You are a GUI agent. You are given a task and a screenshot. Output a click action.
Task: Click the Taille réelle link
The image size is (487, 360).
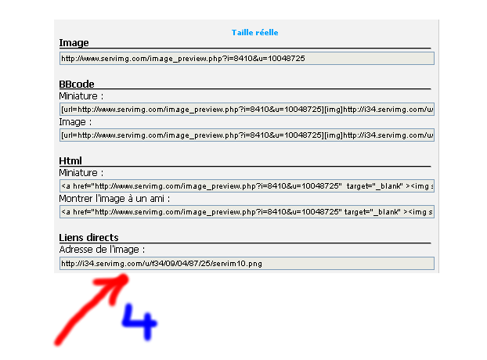coord(254,33)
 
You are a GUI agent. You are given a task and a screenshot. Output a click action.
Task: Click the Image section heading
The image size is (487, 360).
coord(74,43)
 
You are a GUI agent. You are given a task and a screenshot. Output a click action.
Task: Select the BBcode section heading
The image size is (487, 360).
coord(77,84)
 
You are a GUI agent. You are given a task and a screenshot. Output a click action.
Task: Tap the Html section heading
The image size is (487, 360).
coord(70,160)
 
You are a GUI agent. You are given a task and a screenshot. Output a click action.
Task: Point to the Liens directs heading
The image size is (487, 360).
coord(88,237)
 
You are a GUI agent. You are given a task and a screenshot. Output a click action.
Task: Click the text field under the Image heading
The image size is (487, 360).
coord(247,59)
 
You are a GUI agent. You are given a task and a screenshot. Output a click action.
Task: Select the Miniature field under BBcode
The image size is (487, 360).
coord(247,110)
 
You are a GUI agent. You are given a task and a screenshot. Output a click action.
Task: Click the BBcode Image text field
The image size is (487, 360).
coord(247,135)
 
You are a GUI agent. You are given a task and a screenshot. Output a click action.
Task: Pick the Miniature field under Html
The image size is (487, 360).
coord(247,186)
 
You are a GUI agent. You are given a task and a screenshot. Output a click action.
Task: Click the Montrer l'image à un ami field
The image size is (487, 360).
coord(247,211)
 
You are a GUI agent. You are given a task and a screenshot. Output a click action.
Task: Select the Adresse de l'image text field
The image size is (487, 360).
coord(247,264)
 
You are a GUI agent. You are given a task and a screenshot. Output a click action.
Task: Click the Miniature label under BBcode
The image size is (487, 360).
coord(81,96)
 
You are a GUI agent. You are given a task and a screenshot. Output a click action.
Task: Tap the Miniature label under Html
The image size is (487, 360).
coord(81,173)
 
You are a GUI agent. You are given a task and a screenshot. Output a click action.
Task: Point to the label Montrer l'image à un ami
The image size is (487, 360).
coord(114,199)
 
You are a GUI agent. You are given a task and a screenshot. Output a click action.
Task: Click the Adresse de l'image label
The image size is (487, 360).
coord(102,250)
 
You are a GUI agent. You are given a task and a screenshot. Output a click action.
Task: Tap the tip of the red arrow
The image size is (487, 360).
coord(125,277)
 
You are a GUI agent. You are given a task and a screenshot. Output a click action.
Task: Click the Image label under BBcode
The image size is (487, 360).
coord(75,122)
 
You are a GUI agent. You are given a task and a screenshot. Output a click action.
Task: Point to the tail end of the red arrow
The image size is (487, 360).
coord(58,343)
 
